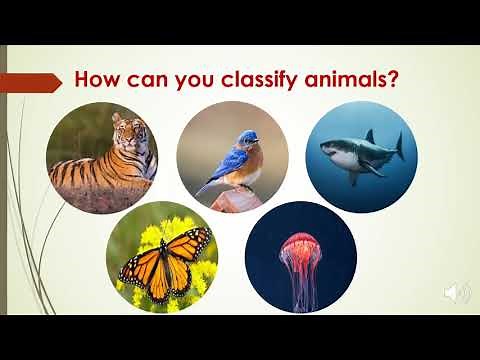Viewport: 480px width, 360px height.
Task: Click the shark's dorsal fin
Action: (371, 135)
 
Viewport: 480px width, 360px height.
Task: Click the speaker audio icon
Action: (457, 293)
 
